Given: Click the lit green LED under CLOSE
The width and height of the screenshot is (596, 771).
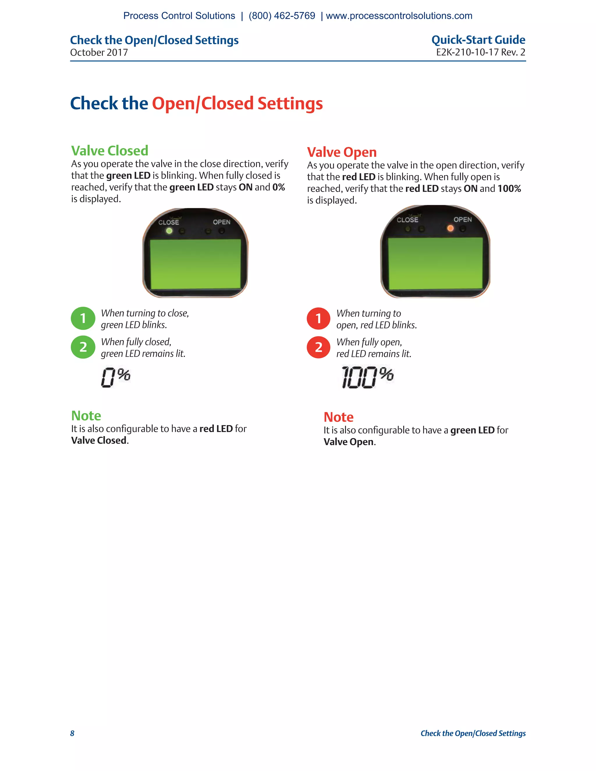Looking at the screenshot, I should [169, 231].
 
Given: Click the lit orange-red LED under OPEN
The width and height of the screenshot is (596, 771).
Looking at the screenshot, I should [450, 228].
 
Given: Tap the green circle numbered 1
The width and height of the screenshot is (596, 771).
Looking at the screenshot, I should [83, 318].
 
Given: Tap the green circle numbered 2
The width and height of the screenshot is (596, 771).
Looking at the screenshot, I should [83, 347].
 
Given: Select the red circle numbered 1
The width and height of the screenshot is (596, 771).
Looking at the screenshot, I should [318, 318].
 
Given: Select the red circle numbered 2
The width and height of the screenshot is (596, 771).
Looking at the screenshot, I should [318, 347].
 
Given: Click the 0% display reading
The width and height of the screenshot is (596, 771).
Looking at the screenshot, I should [116, 377].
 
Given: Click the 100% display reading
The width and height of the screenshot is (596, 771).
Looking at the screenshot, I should [367, 377].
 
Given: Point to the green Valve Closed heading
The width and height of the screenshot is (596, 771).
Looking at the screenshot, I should [109, 151].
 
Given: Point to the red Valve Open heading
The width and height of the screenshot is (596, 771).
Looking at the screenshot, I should [341, 152].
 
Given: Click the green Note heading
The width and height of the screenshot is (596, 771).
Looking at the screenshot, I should [86, 415].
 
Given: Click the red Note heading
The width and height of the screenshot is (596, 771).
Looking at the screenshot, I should [338, 417].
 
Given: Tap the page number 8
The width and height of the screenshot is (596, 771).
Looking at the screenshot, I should [72, 733].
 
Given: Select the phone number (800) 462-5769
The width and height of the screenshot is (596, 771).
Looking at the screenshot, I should [282, 16].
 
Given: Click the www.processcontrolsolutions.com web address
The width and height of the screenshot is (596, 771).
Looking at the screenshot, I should [399, 16].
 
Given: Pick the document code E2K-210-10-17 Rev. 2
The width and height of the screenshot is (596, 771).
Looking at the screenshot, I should [480, 52].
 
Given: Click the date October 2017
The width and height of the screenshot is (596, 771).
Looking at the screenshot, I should [99, 53].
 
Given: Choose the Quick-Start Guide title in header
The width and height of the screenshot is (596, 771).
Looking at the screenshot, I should [478, 40].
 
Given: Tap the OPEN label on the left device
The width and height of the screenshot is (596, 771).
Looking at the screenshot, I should [221, 222].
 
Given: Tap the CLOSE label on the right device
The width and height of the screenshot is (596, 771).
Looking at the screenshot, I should [407, 220].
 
